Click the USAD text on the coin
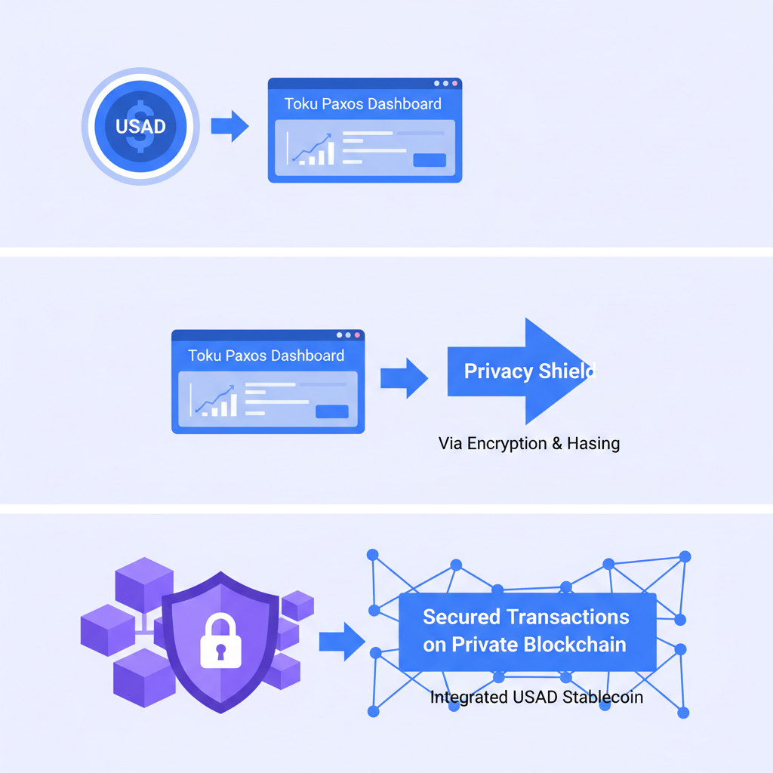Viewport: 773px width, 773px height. [140, 126]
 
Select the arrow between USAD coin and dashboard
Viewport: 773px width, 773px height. [229, 126]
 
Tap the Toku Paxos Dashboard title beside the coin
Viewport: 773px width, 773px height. [362, 104]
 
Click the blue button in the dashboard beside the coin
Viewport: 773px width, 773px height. [430, 160]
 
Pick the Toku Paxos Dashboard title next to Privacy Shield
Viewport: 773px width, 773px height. [266, 356]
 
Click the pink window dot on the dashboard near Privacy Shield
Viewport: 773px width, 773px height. [357, 334]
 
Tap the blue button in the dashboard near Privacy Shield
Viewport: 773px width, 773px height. [332, 411]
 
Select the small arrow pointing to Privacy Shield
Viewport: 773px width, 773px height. [404, 377]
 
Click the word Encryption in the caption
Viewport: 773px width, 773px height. [507, 443]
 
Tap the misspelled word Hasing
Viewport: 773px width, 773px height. [593, 443]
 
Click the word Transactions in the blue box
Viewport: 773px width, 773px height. [568, 617]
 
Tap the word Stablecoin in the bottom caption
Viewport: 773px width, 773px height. [602, 697]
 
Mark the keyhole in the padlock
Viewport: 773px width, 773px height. [220, 650]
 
